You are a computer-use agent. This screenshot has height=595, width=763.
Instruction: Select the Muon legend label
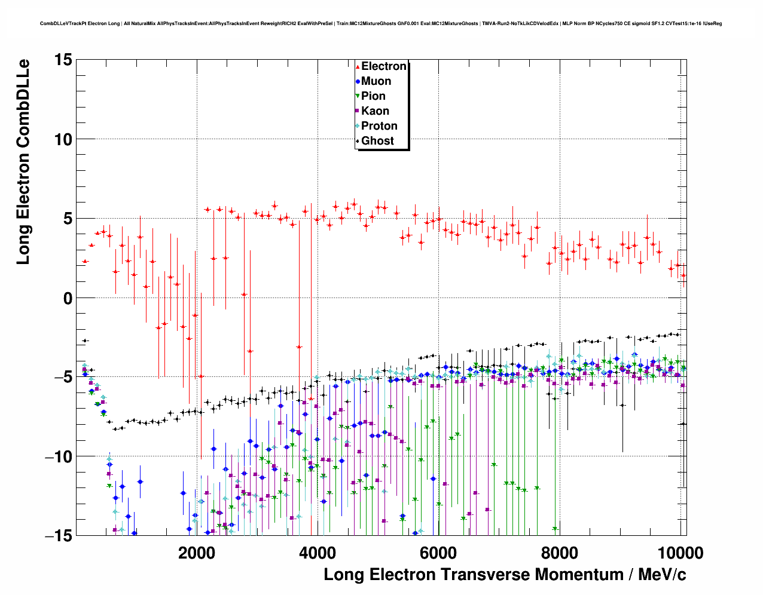click(376, 81)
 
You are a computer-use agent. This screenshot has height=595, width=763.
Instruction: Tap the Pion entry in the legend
click(373, 96)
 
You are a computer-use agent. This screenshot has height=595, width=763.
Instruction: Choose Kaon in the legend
click(375, 111)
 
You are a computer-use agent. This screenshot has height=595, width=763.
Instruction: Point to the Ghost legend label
click(377, 141)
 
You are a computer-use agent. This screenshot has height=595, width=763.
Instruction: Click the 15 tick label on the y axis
click(63, 60)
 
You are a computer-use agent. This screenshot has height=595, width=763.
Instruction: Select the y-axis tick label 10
click(63, 139)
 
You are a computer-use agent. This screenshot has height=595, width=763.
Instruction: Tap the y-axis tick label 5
click(68, 219)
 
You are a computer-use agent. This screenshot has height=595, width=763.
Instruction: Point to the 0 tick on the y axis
click(68, 298)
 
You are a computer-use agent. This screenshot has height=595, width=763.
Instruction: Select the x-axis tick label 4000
click(317, 553)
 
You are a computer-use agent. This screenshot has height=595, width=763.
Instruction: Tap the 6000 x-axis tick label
click(438, 553)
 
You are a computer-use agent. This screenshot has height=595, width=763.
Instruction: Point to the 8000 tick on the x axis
click(560, 553)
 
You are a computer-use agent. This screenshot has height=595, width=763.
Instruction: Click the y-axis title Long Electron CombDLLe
click(23, 162)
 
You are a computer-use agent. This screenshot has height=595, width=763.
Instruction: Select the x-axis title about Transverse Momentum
click(505, 575)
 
